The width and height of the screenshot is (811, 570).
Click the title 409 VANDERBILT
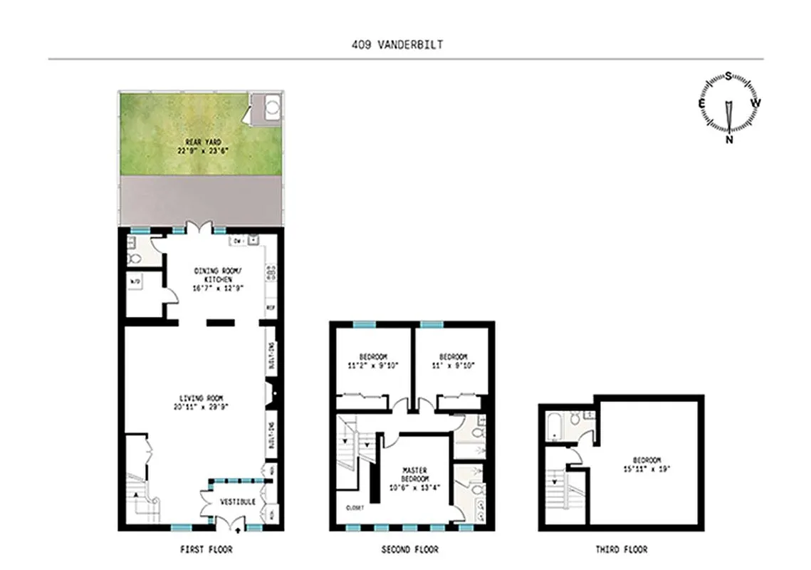coord(398,44)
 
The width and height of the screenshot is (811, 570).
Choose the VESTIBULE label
coord(238,502)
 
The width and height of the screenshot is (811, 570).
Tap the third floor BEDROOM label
coord(647,465)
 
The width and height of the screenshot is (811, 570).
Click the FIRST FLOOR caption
coord(206,549)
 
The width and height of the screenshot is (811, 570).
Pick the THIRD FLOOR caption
coord(622,549)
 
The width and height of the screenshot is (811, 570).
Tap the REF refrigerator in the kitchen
coord(271,308)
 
